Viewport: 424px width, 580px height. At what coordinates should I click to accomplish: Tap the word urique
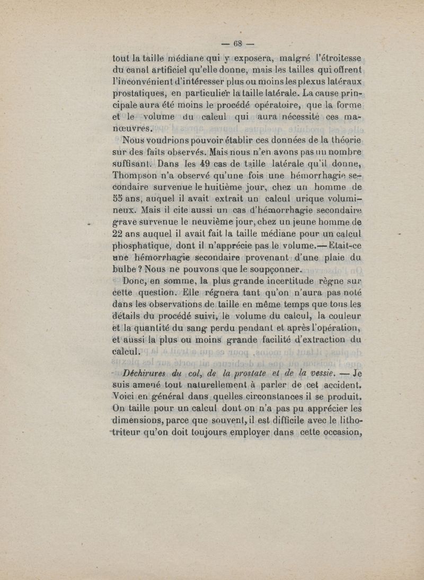click(301, 199)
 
